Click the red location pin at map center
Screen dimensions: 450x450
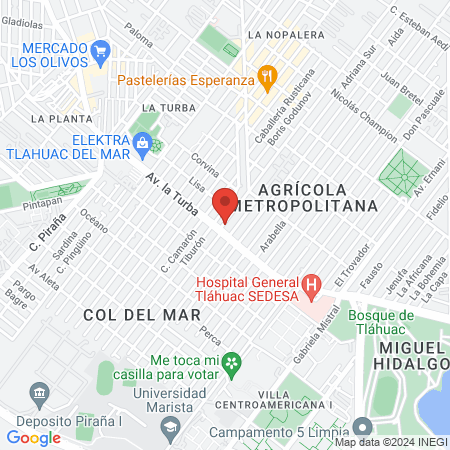pyautogui.click(x=225, y=203)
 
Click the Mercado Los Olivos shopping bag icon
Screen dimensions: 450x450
pyautogui.click(x=101, y=48)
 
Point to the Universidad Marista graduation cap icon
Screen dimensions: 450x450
pyautogui.click(x=169, y=428)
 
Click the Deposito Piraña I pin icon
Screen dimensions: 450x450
pyautogui.click(x=40, y=391)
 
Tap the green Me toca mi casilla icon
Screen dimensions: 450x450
pyautogui.click(x=231, y=361)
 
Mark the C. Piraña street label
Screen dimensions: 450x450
pyautogui.click(x=46, y=232)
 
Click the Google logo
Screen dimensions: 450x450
pyautogui.click(x=33, y=437)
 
